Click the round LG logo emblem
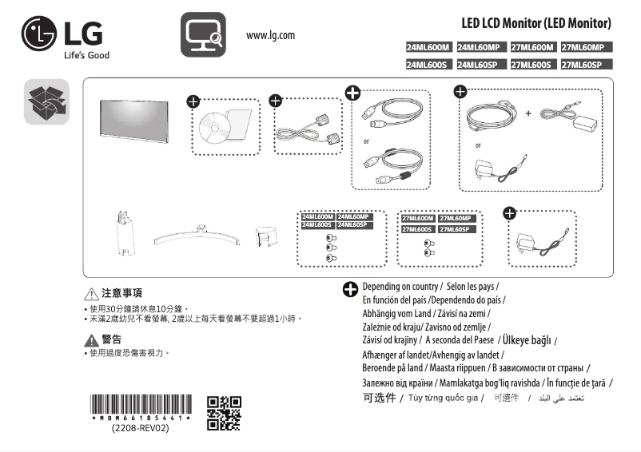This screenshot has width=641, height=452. pyautogui.click(x=39, y=35)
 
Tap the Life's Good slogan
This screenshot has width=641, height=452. pyautogui.click(x=86, y=55)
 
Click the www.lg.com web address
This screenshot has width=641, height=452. pyautogui.click(x=271, y=35)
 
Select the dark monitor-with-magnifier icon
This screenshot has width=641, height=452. pyautogui.click(x=203, y=35)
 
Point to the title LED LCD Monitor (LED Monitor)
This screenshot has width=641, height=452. pyautogui.click(x=536, y=23)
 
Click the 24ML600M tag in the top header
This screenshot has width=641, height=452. pyautogui.click(x=429, y=47)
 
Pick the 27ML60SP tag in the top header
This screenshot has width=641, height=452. pyautogui.click(x=587, y=64)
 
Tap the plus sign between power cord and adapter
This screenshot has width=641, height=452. pyautogui.click(x=528, y=113)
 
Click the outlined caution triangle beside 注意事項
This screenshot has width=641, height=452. pyautogui.click(x=91, y=294)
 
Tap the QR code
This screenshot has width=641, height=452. pyautogui.click(x=224, y=412)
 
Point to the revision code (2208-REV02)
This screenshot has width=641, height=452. pyautogui.click(x=140, y=428)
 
